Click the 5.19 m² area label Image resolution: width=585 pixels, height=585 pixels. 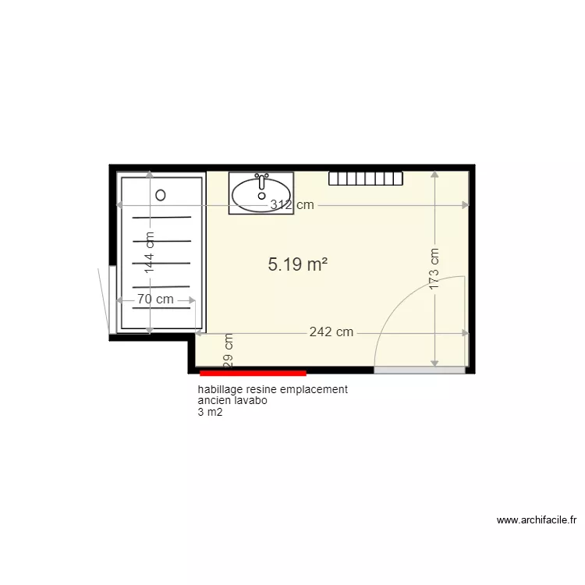pyautogui.click(x=297, y=265)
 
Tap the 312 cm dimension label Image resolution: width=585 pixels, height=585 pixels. pyautogui.click(x=292, y=205)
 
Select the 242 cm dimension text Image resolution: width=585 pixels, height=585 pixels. pyautogui.click(x=331, y=332)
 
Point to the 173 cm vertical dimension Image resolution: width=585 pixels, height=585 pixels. pyautogui.click(x=434, y=269)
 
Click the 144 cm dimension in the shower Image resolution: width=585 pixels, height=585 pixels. pyautogui.click(x=150, y=252)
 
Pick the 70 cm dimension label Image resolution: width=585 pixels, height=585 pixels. pyautogui.click(x=155, y=300)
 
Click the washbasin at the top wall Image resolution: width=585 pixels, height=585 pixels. pyautogui.click(x=261, y=193)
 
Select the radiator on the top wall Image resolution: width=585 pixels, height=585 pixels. pyautogui.click(x=365, y=179)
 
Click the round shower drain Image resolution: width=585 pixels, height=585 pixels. pyautogui.click(x=161, y=194)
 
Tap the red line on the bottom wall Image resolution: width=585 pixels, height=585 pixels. pyautogui.click(x=253, y=374)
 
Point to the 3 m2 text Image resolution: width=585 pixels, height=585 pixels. pyautogui.click(x=210, y=413)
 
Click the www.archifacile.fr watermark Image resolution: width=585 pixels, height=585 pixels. pyautogui.click(x=536, y=520)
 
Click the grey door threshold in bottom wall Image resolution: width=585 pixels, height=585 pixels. pyautogui.click(x=420, y=370)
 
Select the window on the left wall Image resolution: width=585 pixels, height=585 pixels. pyautogui.click(x=112, y=300)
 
